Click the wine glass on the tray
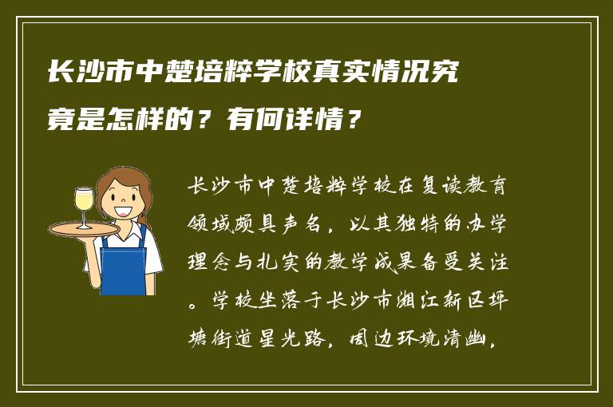click(x=84, y=205)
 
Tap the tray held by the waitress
click(x=83, y=229)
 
